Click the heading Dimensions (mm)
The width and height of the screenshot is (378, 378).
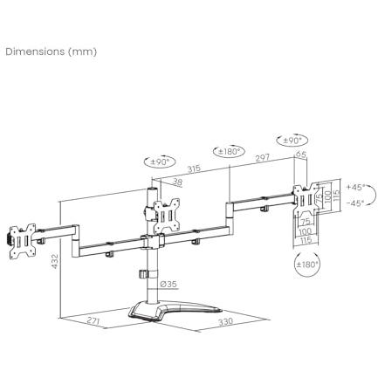[52, 51]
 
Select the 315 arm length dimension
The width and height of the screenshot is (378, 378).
[194, 169]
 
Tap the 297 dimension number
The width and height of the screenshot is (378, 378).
[262, 158]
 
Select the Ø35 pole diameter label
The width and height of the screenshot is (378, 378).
[168, 284]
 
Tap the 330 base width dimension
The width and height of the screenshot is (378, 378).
[225, 322]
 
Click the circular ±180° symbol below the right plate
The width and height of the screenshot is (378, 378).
[307, 263]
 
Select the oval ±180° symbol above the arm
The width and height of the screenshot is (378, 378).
[230, 151]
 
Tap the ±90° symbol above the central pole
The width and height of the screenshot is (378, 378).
[161, 162]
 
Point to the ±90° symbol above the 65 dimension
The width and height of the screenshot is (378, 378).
[292, 140]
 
